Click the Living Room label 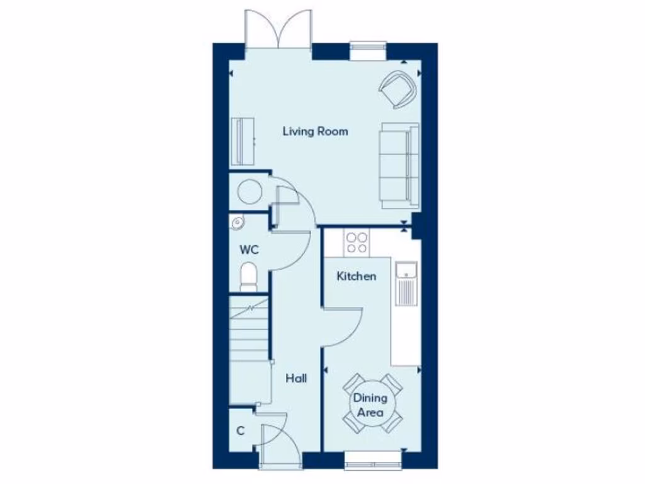coord(315,132)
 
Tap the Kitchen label coord(357,276)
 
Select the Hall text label coord(296,379)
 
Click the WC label coord(249,250)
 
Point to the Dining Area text coord(370,405)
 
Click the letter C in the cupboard coord(240,432)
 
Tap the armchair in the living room coord(399,89)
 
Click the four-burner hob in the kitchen coord(357,243)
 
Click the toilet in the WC coord(249,277)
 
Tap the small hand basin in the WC coord(237,222)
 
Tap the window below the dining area coord(374,464)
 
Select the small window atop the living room coord(368,50)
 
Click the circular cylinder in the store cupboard coord(249,191)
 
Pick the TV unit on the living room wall coord(243,141)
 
